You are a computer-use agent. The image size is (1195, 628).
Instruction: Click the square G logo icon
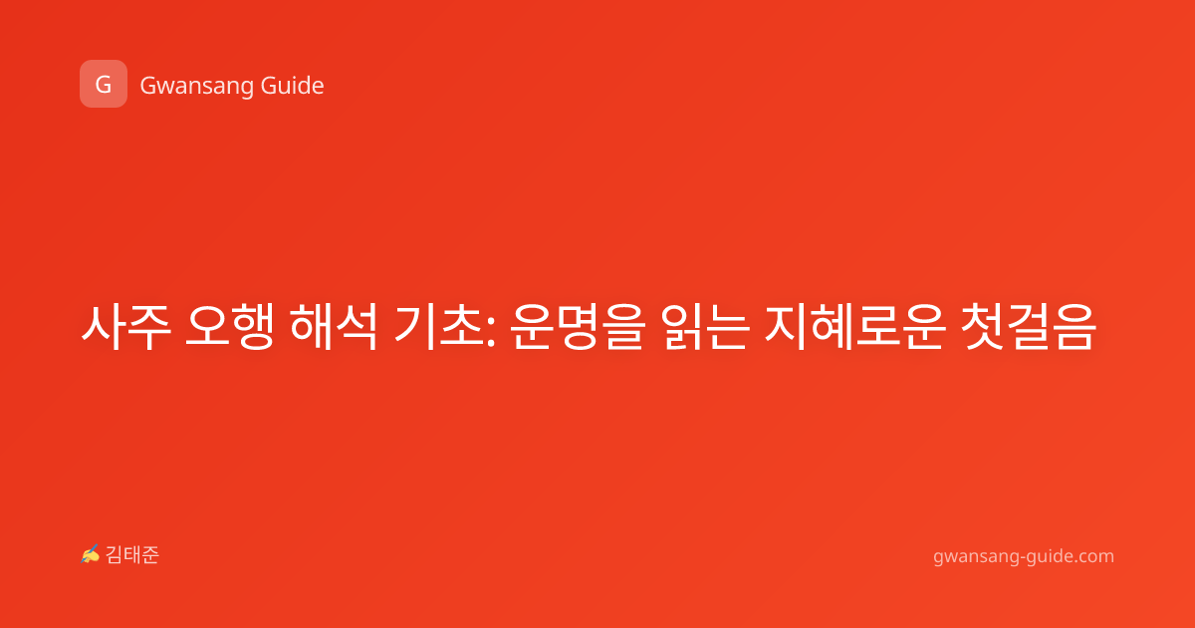click(x=104, y=84)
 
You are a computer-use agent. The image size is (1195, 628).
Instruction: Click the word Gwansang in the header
click(x=196, y=87)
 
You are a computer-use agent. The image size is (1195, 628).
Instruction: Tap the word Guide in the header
click(x=293, y=86)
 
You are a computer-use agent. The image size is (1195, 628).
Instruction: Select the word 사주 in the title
click(x=125, y=327)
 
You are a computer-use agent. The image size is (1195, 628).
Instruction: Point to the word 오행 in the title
click(x=230, y=327)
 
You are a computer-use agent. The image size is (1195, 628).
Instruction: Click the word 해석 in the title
click(x=334, y=327)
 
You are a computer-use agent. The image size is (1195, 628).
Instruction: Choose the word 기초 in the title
click(x=438, y=327)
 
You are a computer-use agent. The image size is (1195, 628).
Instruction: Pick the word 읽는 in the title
click(x=705, y=327)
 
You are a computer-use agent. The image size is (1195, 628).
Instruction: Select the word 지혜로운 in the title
click(x=855, y=327)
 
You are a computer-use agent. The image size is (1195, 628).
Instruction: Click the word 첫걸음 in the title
click(x=1028, y=327)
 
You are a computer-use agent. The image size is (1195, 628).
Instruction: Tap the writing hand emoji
click(x=91, y=554)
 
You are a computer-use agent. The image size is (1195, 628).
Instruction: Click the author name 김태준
click(x=132, y=555)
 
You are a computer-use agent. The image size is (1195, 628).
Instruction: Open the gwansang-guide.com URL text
click(x=1024, y=556)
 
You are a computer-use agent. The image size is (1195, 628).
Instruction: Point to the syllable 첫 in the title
click(x=983, y=327)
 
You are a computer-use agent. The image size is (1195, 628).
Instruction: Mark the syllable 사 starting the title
click(x=103, y=327)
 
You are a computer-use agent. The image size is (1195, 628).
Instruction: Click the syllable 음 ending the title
click(x=1075, y=327)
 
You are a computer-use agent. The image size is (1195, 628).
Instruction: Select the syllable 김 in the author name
click(x=115, y=555)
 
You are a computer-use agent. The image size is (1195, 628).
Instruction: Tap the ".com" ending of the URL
click(x=1093, y=556)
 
